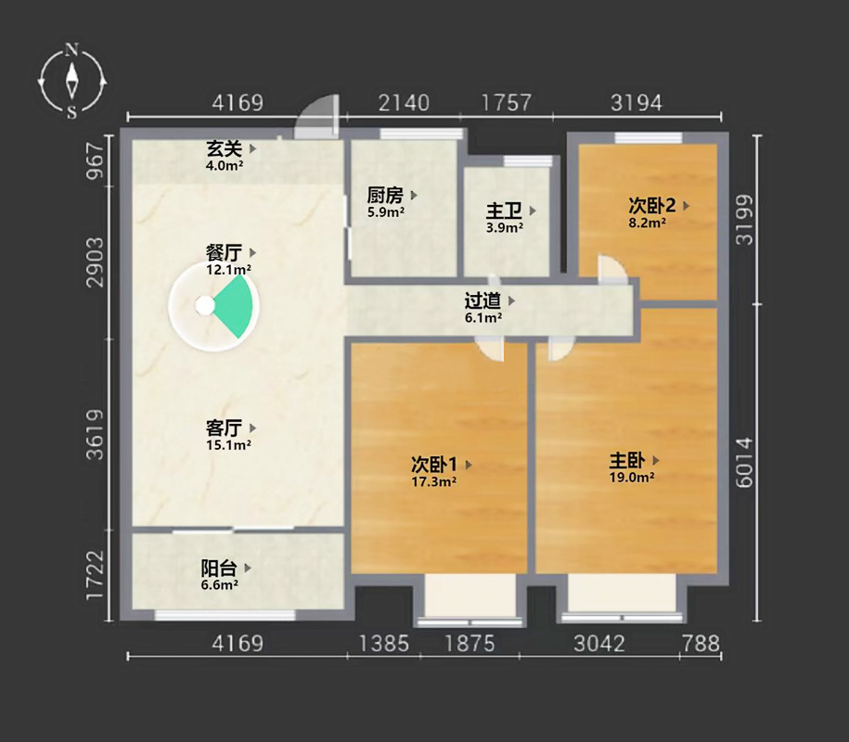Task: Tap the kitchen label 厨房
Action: click(x=385, y=195)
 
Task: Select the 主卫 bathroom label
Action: click(x=504, y=211)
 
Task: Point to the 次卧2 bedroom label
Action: click(x=652, y=206)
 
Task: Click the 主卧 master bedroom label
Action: click(x=627, y=461)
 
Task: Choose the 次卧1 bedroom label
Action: click(x=434, y=465)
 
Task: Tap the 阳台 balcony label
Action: click(x=219, y=568)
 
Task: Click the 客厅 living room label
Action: click(x=224, y=429)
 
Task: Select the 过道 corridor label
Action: click(x=482, y=301)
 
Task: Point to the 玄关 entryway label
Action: click(x=224, y=148)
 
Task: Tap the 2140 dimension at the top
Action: click(x=404, y=103)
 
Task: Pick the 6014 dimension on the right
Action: click(x=745, y=463)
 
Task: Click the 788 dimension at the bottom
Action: click(x=701, y=644)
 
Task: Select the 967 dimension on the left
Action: click(x=96, y=160)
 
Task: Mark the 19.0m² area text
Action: click(x=632, y=478)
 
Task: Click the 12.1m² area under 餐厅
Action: click(x=228, y=270)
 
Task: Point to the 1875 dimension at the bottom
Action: click(x=470, y=644)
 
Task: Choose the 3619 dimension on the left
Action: click(x=96, y=435)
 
